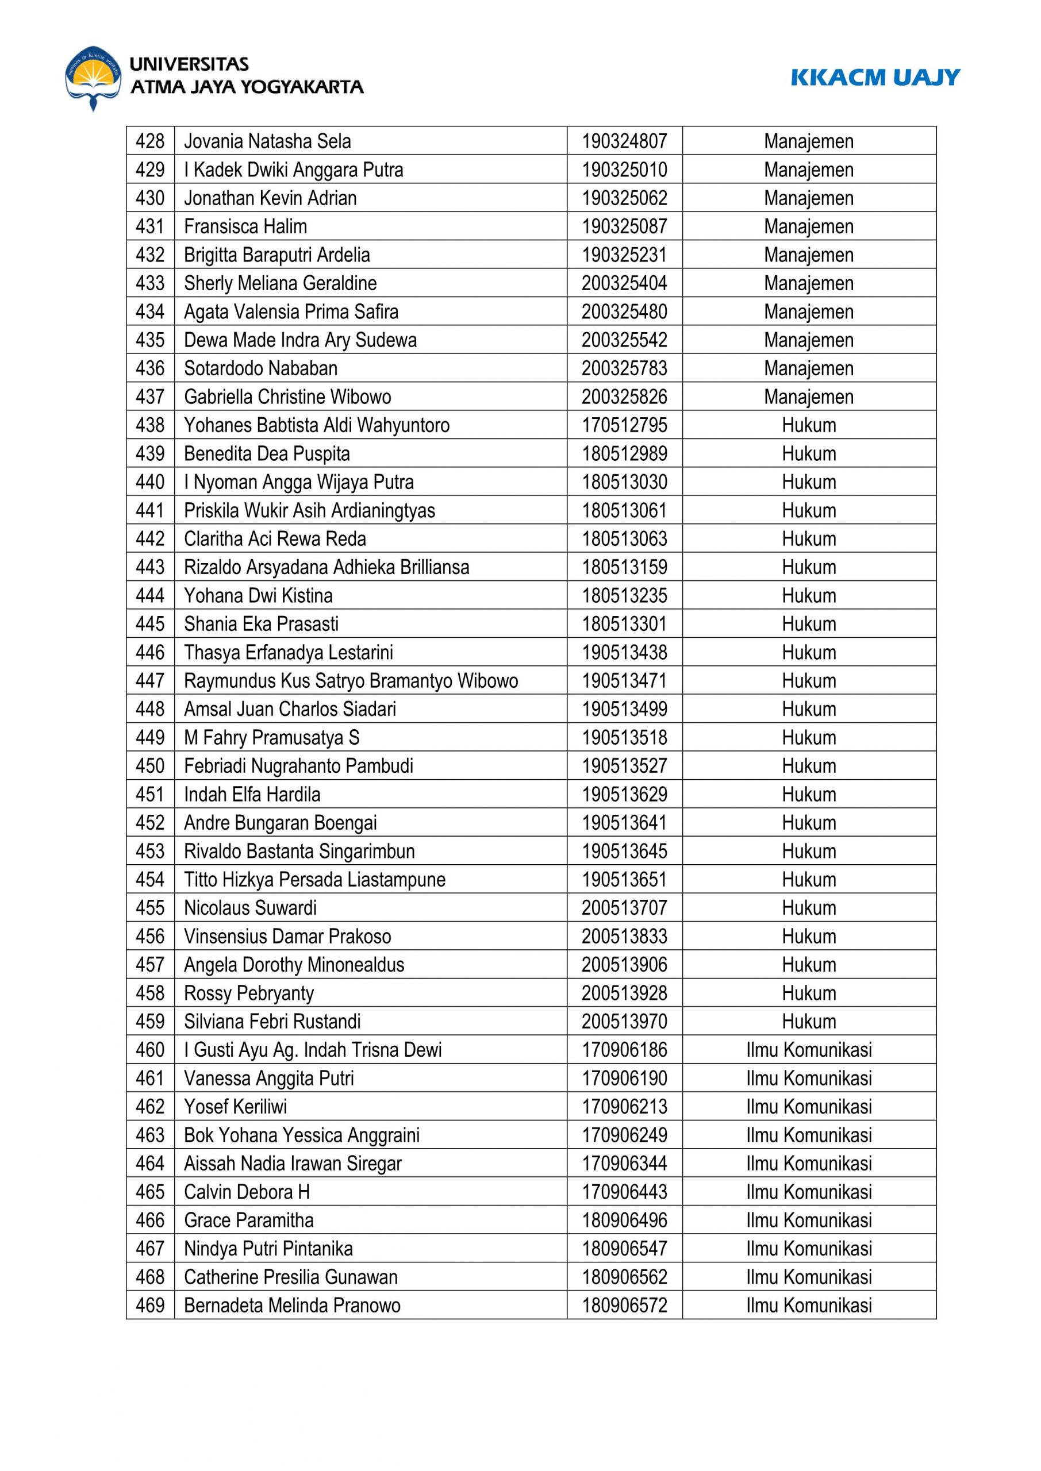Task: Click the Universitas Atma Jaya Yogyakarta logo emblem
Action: pos(93,78)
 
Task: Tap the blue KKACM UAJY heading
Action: pos(874,78)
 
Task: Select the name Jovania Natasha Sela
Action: pos(267,141)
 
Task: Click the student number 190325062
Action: pos(624,198)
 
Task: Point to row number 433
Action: pos(150,283)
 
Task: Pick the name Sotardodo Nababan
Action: pos(260,368)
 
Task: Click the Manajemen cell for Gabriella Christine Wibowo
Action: pos(808,396)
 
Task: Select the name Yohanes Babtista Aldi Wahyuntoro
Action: pos(317,425)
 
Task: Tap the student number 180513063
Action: pos(624,539)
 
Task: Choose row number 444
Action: pos(150,595)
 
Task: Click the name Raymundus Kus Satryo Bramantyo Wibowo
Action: pos(351,680)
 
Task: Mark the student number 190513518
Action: pos(624,737)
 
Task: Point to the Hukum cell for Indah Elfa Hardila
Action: pos(808,795)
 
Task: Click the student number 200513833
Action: pos(624,936)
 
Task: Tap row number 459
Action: pos(150,1021)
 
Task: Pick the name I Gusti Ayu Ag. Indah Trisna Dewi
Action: pos(313,1049)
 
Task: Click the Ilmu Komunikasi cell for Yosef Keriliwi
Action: pos(808,1107)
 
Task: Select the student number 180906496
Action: pos(624,1220)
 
